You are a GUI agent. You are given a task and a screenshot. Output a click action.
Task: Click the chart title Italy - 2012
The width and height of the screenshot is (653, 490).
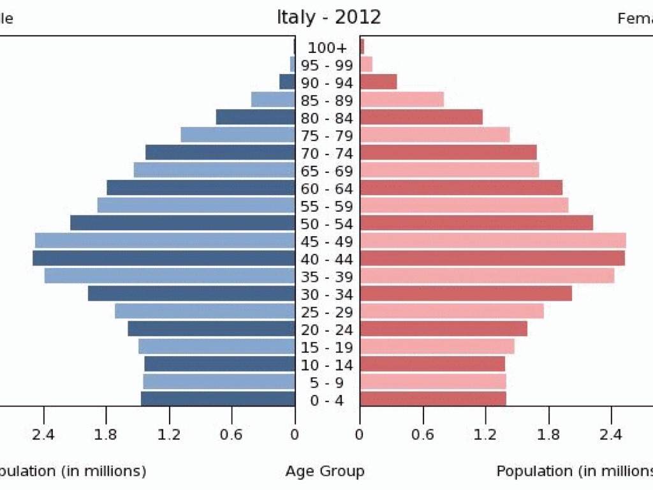tap(328, 17)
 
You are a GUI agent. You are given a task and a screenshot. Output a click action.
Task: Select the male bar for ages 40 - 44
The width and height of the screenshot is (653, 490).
tap(164, 258)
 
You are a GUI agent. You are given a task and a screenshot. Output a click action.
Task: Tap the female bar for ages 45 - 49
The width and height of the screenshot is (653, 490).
tap(493, 241)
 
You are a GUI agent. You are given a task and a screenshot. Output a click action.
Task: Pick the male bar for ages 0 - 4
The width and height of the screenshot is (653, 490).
tap(218, 399)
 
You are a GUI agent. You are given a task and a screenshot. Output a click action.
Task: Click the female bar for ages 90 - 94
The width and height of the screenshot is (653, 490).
tap(379, 82)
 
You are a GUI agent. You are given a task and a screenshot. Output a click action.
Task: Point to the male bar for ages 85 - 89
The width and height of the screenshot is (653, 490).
tap(273, 100)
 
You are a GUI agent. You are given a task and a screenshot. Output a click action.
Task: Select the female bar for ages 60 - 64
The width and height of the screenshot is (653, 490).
tap(461, 188)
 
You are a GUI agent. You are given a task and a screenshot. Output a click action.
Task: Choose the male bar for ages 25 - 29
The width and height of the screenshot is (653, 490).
tap(205, 311)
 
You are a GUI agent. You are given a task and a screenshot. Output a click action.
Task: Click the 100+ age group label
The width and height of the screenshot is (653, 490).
tap(327, 48)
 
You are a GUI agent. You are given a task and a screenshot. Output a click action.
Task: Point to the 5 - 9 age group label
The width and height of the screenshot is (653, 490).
tap(327, 383)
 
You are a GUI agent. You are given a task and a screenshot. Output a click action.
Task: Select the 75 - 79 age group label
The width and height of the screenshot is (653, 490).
tap(327, 136)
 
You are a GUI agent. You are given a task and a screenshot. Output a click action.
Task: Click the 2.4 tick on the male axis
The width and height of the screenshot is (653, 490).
tap(43, 435)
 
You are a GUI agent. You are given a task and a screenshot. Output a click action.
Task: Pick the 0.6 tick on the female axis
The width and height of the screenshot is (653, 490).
tap(422, 435)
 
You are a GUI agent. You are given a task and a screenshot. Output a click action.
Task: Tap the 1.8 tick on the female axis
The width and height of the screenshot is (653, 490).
tap(548, 435)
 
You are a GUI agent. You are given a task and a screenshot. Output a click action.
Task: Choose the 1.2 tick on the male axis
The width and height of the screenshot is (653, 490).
tap(169, 435)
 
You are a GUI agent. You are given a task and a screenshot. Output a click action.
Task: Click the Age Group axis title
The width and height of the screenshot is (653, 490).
tap(325, 471)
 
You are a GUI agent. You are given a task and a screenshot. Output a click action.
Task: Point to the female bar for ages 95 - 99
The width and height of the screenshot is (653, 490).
tap(366, 64)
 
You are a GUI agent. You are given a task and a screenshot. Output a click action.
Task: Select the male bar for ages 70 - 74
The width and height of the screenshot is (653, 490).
tap(220, 152)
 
